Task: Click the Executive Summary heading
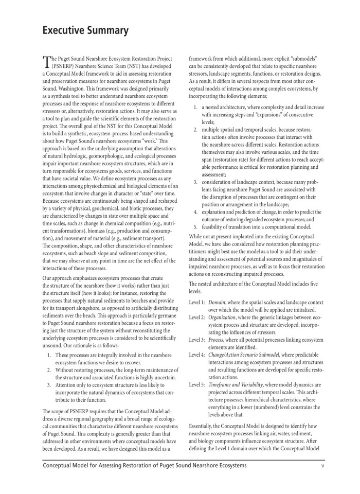coord(85,30)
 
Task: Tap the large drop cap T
coord(47,63)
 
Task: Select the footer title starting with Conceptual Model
coord(145,466)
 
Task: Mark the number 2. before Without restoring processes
coord(49,370)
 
